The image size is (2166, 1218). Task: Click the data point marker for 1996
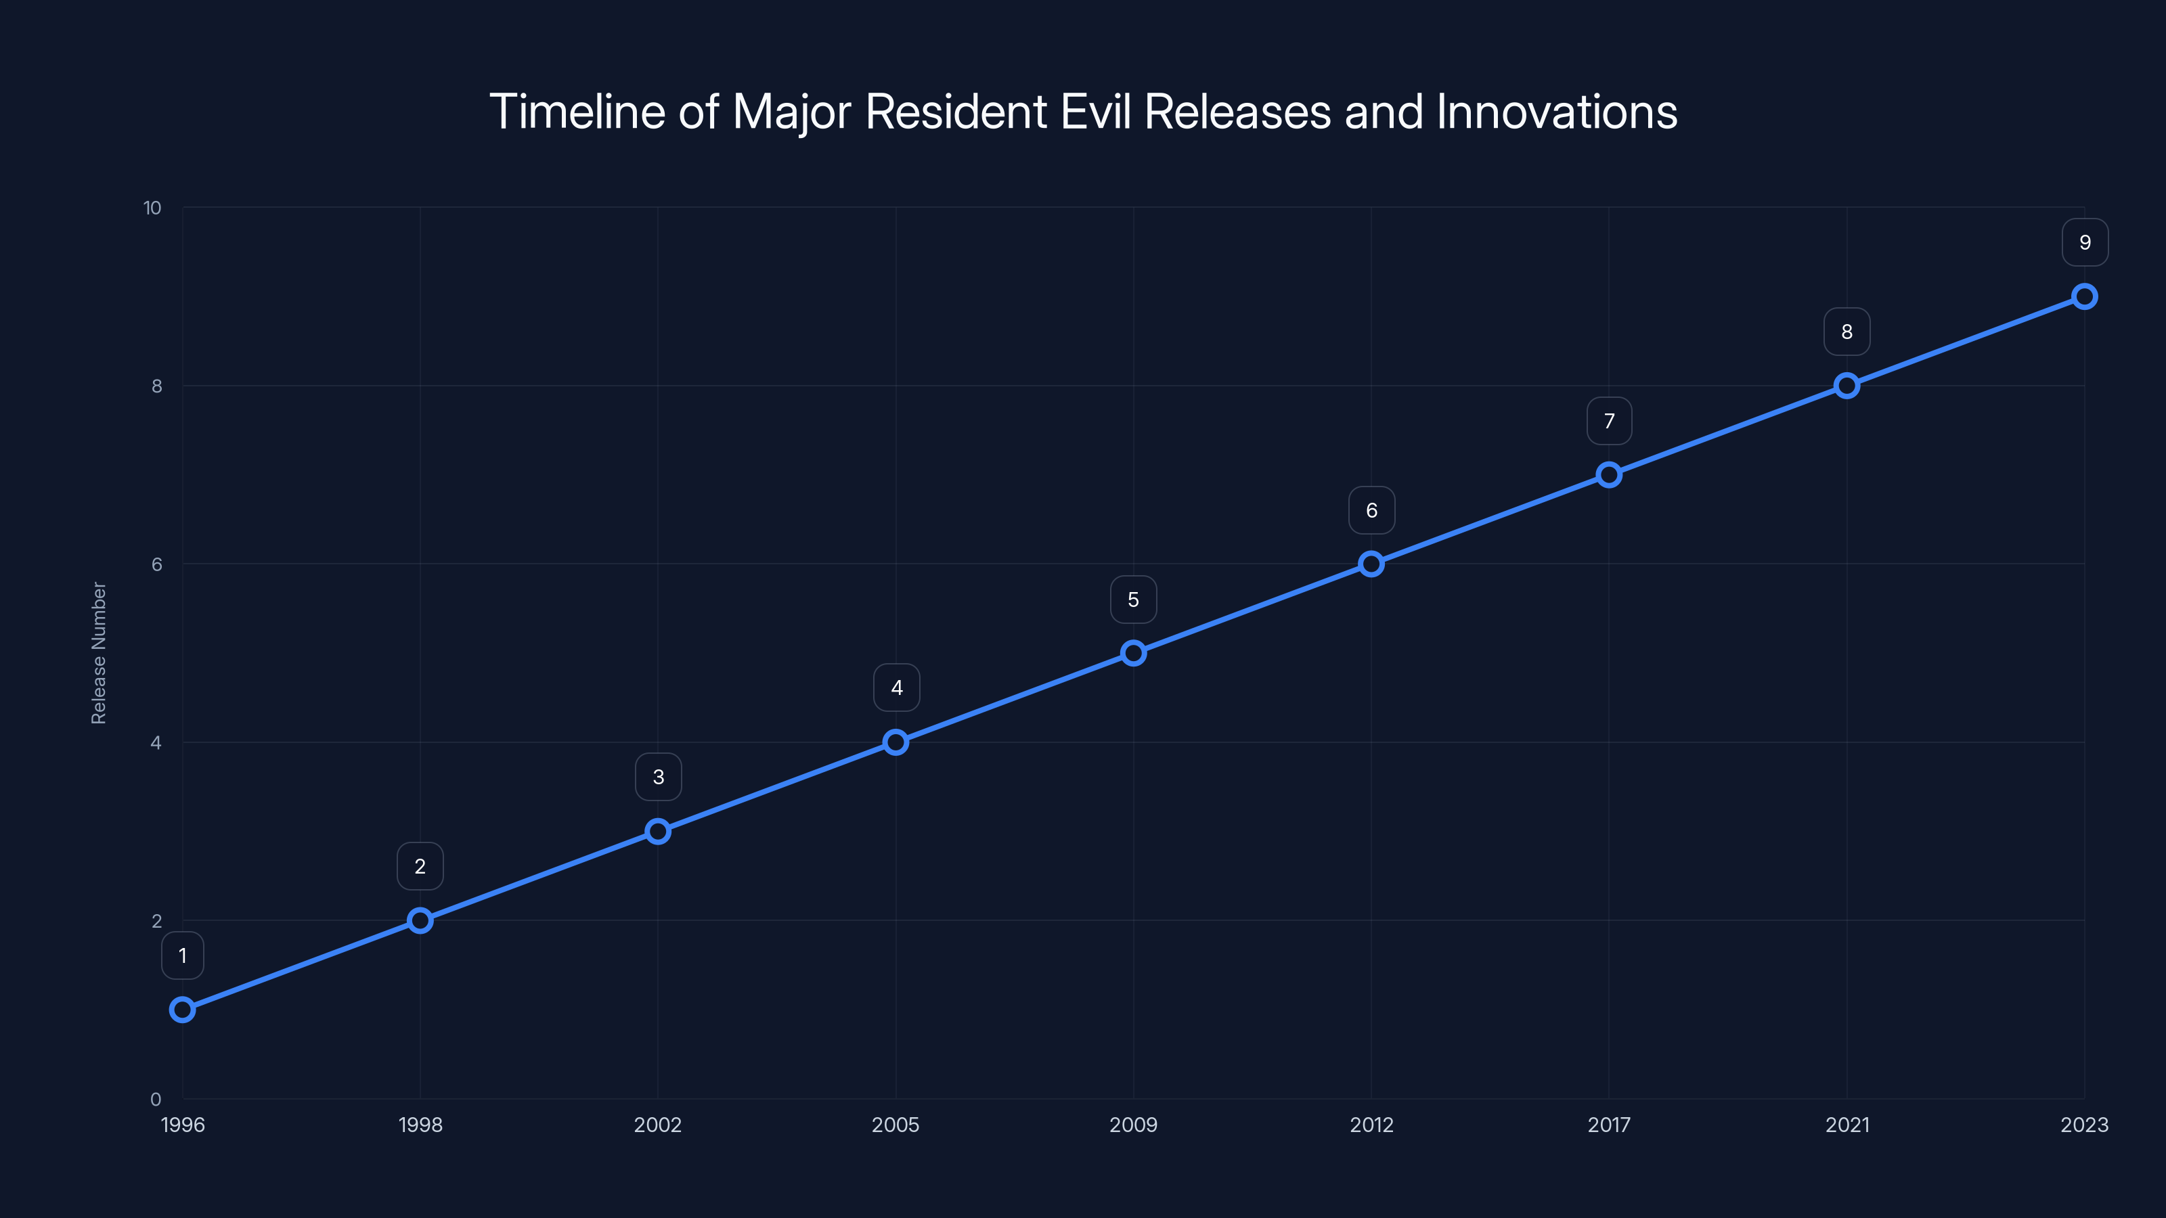pos(183,1010)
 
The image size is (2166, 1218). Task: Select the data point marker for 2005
pos(896,742)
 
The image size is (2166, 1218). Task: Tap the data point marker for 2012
pos(1371,564)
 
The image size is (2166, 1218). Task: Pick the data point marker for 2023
pos(2085,297)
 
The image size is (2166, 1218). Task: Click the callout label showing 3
pos(659,777)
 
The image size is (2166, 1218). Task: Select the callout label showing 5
pos(1134,600)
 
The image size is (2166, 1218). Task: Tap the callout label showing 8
pos(1847,332)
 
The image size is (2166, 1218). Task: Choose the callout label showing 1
pos(183,955)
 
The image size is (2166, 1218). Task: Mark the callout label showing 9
pos(2085,243)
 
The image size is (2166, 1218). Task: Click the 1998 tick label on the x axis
pos(420,1125)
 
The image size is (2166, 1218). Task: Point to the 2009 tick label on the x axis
pos(1134,1125)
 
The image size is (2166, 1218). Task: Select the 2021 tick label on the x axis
pos(1847,1125)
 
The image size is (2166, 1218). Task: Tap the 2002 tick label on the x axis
pos(657,1125)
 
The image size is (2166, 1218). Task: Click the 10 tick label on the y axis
pos(152,208)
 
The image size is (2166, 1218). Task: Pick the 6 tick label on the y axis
pos(156,564)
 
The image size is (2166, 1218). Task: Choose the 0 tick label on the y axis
pos(156,1100)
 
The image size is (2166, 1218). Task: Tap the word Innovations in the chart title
pos(1556,112)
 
